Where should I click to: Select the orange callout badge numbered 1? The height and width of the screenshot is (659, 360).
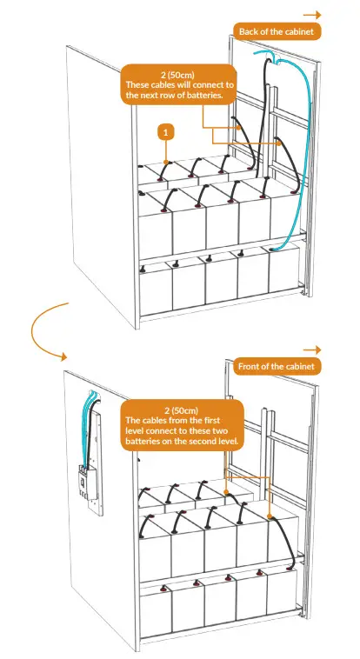coord(165,131)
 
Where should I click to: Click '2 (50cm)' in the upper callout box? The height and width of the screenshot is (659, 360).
coord(181,74)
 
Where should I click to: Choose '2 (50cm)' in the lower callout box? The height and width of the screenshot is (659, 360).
coord(181,409)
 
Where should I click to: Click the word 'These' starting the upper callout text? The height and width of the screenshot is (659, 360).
coord(140,84)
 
